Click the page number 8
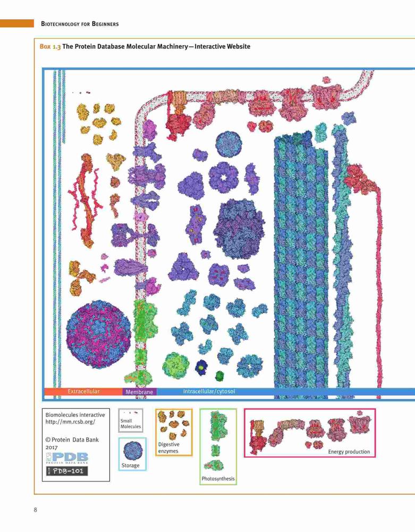pyautogui.click(x=36, y=510)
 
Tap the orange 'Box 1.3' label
pyautogui.click(x=50, y=46)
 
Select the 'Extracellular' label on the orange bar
pyautogui.click(x=83, y=391)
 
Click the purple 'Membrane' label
pyautogui.click(x=139, y=392)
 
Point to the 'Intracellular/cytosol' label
pyautogui.click(x=209, y=391)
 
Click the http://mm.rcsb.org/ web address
pyautogui.click(x=71, y=422)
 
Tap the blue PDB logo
pyautogui.click(x=67, y=458)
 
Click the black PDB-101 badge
pyautogui.click(x=67, y=471)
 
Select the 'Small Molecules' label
pyautogui.click(x=130, y=423)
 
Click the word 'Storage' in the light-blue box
pyautogui.click(x=130, y=465)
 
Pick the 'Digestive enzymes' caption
pyautogui.click(x=169, y=447)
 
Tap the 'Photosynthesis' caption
pyautogui.click(x=218, y=479)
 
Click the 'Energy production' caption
pyautogui.click(x=349, y=452)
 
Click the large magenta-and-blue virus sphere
pyautogui.click(x=99, y=334)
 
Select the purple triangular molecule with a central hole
pyautogui.click(x=184, y=267)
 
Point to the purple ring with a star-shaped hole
pyautogui.click(x=223, y=177)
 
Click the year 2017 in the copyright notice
pyautogui.click(x=52, y=447)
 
